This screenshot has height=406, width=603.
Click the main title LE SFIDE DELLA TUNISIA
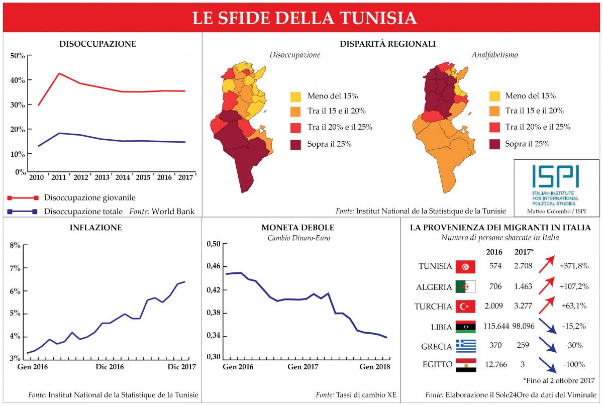click(x=305, y=18)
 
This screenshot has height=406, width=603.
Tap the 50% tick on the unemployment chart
click(x=18, y=56)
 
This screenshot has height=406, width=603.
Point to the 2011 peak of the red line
click(x=59, y=74)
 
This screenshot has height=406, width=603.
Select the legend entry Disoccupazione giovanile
click(x=90, y=197)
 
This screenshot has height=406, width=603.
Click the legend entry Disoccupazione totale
click(x=83, y=211)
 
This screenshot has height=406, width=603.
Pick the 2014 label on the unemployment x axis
click(x=123, y=177)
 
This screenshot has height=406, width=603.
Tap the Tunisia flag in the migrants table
click(x=465, y=267)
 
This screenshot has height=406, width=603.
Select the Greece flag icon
click(x=465, y=346)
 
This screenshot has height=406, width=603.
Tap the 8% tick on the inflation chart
click(x=15, y=245)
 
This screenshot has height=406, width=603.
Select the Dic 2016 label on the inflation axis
click(x=110, y=367)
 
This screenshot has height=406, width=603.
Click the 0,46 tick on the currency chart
click(x=214, y=267)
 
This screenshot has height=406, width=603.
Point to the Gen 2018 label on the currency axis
click(x=374, y=367)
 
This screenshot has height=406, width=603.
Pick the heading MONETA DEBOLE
click(x=298, y=228)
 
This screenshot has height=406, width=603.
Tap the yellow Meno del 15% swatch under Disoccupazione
click(x=296, y=96)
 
